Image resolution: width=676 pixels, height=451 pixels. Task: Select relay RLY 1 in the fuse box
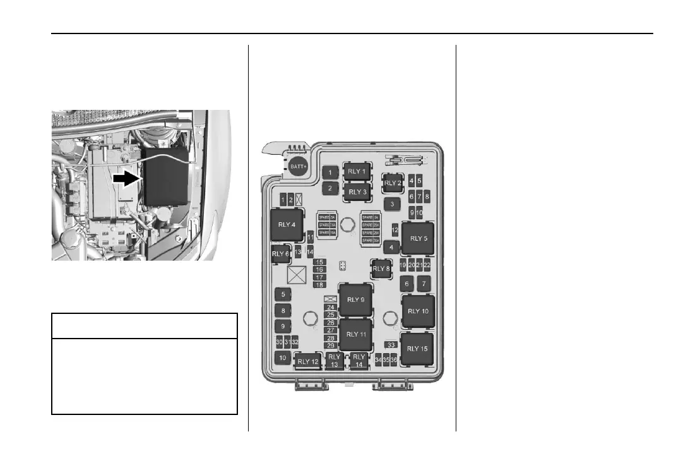[357, 171]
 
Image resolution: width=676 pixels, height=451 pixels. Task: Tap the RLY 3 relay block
[357, 191]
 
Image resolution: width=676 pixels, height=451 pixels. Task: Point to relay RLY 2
[393, 183]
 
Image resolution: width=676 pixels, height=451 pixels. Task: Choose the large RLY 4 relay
[287, 224]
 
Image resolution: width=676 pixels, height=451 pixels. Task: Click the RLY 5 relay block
[418, 238]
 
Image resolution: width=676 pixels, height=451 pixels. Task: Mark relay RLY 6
[279, 254]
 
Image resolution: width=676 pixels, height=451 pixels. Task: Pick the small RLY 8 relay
[381, 268]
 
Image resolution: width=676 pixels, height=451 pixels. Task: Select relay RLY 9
[357, 299]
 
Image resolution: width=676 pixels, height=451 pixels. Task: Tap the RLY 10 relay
[418, 311]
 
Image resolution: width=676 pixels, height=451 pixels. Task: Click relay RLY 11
[357, 334]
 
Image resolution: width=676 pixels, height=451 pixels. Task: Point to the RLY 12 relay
[307, 361]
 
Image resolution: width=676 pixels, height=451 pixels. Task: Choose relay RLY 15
[418, 349]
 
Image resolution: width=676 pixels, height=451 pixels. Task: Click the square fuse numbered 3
[392, 204]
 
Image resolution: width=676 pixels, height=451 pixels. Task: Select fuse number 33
[391, 345]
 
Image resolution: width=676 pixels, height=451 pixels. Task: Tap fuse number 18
[319, 285]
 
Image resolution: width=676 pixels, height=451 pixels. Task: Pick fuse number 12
[395, 230]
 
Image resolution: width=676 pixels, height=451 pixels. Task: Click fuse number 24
[330, 307]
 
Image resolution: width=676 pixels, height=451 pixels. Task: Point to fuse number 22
[427, 265]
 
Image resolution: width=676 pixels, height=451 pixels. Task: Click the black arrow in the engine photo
[126, 179]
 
